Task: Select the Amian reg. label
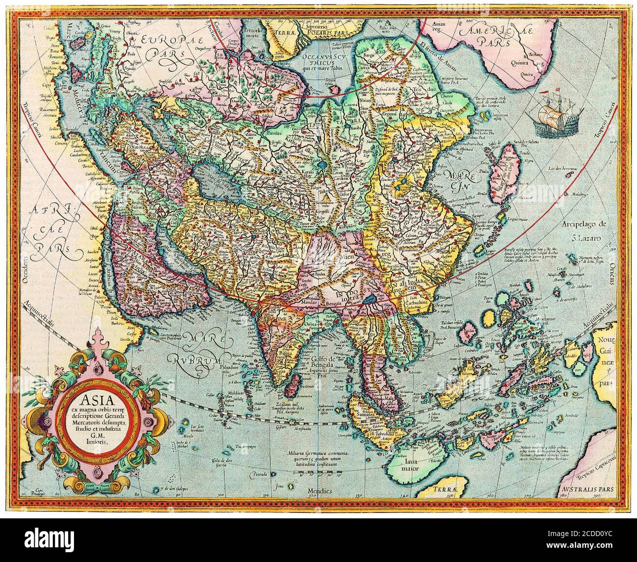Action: coord(437,29)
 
